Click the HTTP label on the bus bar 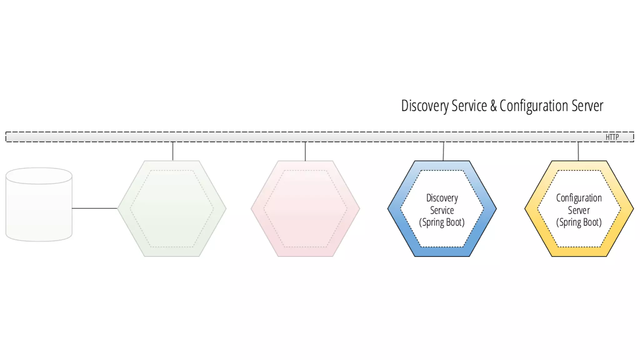click(x=612, y=137)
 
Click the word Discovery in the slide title click(x=425, y=106)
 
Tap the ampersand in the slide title click(x=493, y=106)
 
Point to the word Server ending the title click(x=587, y=106)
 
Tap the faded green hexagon click(x=172, y=208)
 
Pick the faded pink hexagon click(x=305, y=208)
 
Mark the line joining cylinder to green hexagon click(x=94, y=208)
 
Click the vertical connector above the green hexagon click(x=173, y=151)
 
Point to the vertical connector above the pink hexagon click(x=305, y=151)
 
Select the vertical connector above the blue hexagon click(x=443, y=151)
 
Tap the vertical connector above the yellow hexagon click(x=578, y=151)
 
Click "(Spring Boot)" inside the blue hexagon click(x=442, y=222)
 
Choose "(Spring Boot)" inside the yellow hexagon click(x=579, y=222)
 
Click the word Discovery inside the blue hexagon click(x=442, y=198)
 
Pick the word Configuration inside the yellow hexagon click(x=579, y=198)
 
